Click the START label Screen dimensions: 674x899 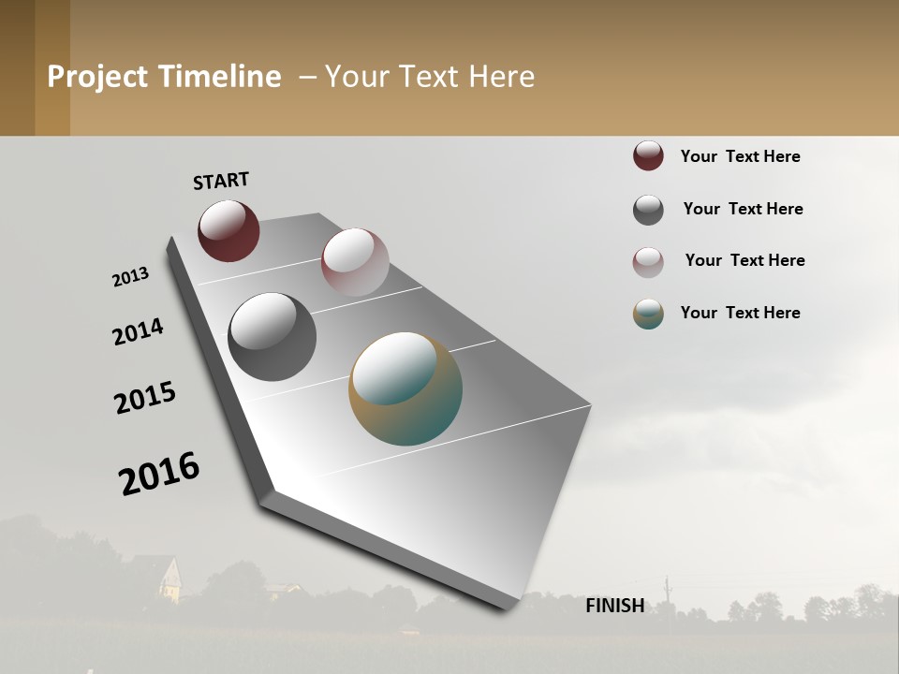tap(221, 181)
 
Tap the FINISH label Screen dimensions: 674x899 tap(614, 606)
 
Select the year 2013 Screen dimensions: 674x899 tap(130, 277)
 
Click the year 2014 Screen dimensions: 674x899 tap(138, 332)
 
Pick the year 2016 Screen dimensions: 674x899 tap(159, 474)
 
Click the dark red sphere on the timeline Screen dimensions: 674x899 tap(228, 230)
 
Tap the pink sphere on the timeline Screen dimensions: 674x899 tap(355, 262)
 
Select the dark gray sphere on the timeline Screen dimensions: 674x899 tap(273, 337)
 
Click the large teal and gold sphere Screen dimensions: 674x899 tap(405, 388)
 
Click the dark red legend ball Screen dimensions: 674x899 tap(648, 155)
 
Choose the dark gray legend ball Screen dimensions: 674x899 tap(648, 210)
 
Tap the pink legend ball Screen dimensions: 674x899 tap(648, 262)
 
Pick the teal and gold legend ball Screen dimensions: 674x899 tap(648, 314)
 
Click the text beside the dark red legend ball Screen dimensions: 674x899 tap(740, 156)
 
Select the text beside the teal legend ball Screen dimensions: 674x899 tap(740, 313)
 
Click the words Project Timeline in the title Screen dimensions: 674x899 tap(164, 77)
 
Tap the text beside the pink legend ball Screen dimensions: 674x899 tap(744, 260)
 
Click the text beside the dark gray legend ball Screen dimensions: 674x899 tap(743, 209)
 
